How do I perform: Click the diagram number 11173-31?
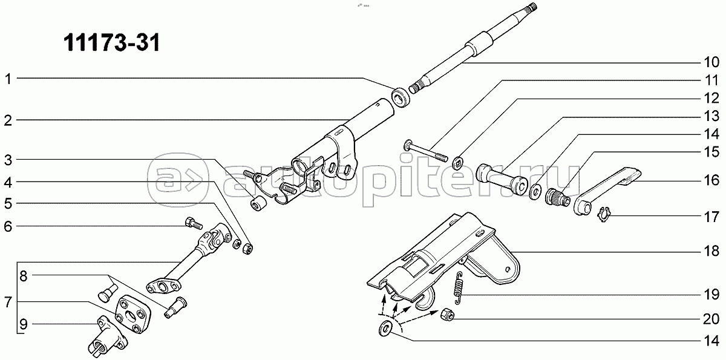111,42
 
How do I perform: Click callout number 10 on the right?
711,62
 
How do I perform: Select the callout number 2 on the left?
8,121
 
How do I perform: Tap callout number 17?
711,217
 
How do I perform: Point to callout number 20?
711,319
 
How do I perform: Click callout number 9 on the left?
24,324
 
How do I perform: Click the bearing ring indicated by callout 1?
402,97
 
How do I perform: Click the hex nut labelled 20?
447,315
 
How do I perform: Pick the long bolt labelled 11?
426,151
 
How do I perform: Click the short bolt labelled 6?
194,224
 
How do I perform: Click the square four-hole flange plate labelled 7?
133,313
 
